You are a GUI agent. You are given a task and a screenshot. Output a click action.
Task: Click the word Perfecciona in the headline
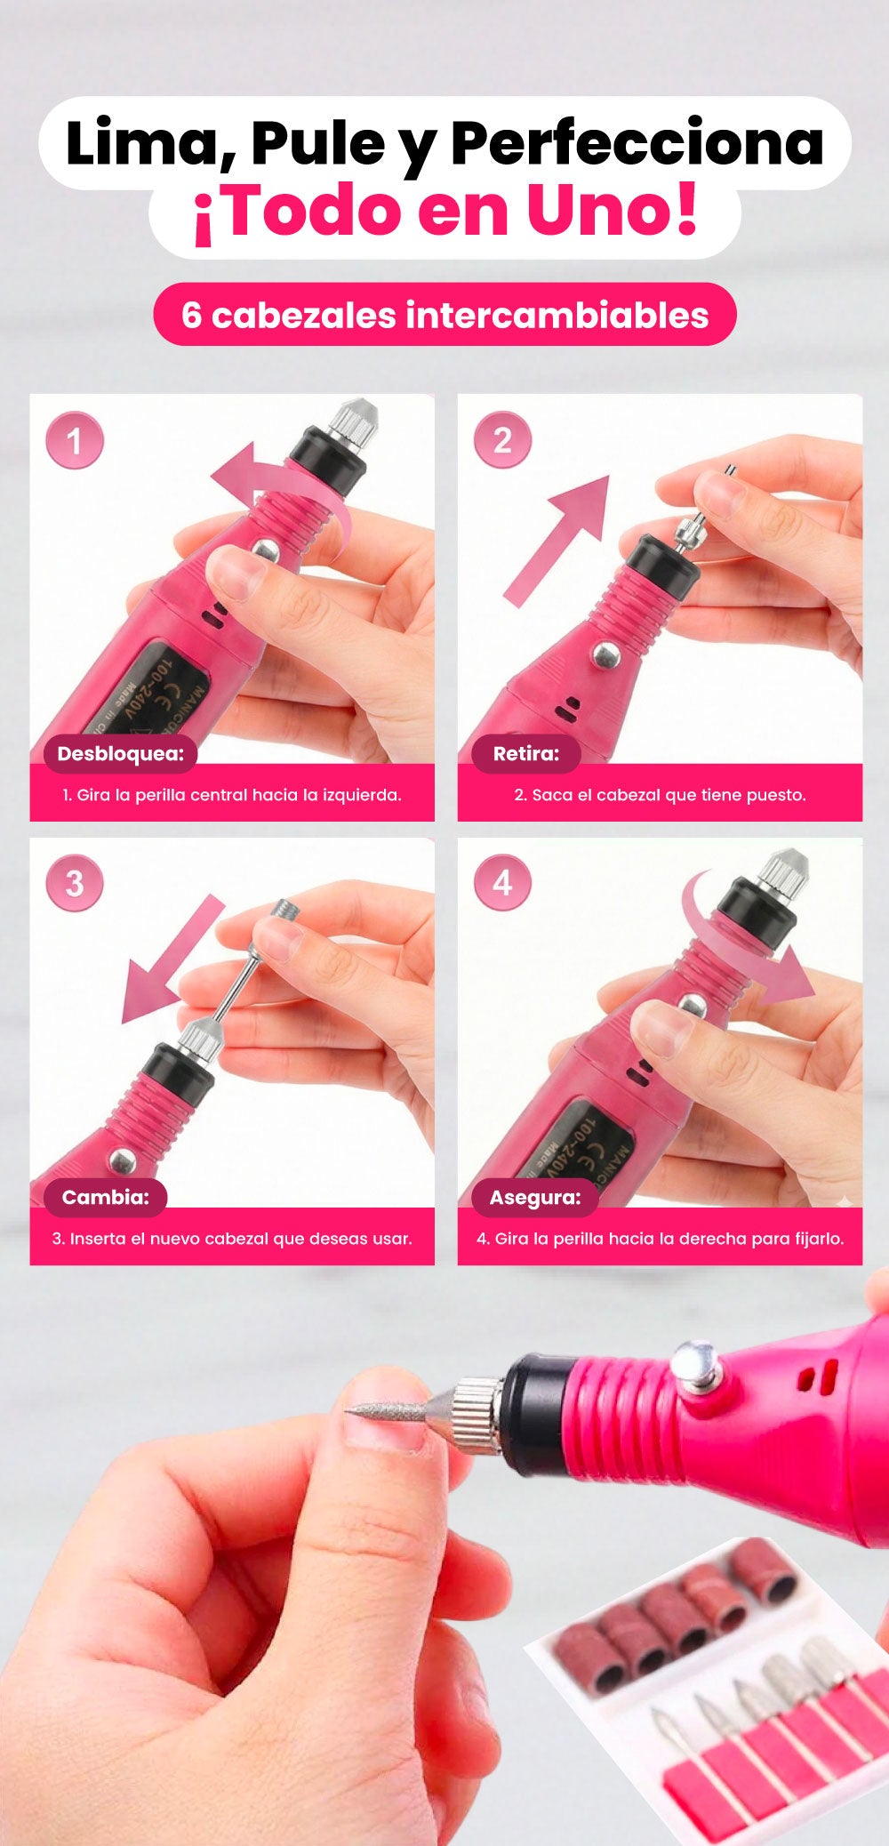point(637,144)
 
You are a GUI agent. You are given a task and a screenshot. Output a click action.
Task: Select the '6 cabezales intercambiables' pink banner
point(444,315)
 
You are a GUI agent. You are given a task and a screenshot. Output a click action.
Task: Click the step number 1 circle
point(75,440)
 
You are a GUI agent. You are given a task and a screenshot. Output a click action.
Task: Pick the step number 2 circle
point(502,440)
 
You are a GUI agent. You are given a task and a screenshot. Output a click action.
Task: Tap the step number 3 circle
point(75,883)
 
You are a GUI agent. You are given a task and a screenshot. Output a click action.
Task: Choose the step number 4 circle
point(502,883)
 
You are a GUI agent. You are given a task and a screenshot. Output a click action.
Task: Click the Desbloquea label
point(121,754)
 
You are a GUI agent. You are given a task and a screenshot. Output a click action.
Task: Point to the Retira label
point(526,754)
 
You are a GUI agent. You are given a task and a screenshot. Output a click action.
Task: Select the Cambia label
point(106,1198)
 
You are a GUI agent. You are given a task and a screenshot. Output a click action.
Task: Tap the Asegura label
point(535,1198)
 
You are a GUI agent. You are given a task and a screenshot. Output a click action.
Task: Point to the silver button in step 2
point(606,655)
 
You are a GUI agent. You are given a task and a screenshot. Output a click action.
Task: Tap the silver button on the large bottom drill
point(696,1367)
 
